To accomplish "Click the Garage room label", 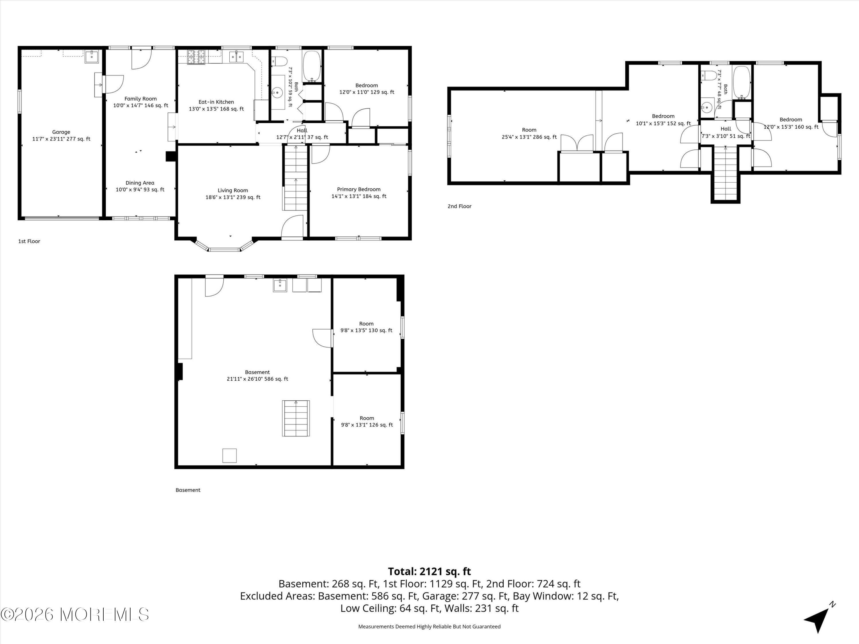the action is (61, 132).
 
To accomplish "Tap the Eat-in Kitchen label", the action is (216, 102).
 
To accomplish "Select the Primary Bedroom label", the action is (359, 189).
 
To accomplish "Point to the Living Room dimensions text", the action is (233, 197).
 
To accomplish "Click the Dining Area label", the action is (140, 183).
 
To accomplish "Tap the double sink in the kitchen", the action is (236, 57).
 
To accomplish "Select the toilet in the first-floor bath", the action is (279, 61).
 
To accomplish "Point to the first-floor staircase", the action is (296, 177).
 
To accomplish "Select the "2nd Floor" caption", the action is (459, 206).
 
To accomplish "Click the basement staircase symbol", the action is (296, 418).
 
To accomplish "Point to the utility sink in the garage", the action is (92, 57).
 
